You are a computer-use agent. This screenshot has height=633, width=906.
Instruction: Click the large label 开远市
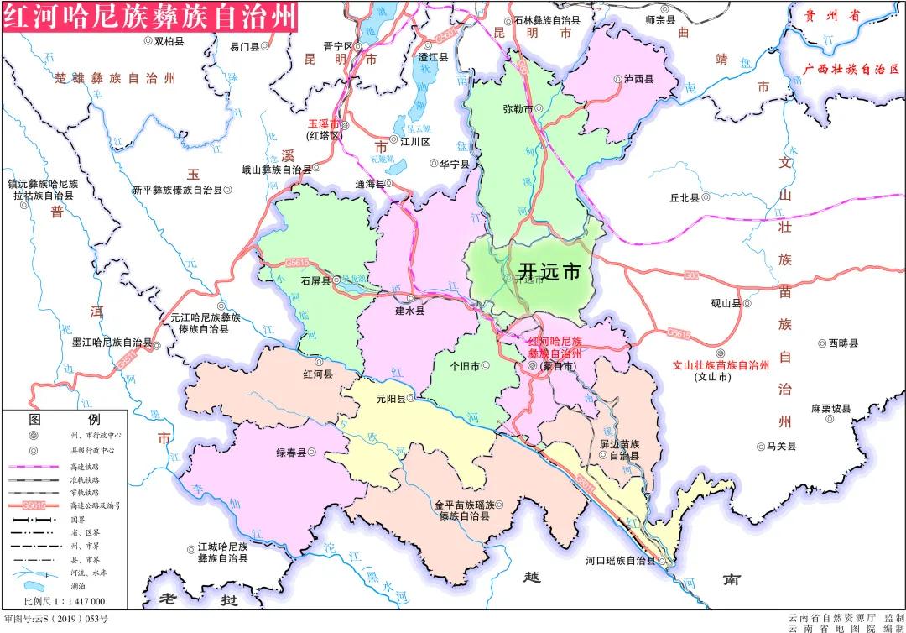tap(550, 272)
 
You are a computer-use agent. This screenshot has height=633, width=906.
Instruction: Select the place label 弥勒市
tap(518, 109)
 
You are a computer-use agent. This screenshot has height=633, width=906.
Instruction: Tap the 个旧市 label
tap(465, 366)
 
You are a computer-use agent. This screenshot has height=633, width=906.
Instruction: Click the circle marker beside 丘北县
tap(706, 198)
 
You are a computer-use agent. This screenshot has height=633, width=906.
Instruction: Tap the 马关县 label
tap(780, 447)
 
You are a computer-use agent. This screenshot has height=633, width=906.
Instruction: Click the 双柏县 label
tap(169, 40)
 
